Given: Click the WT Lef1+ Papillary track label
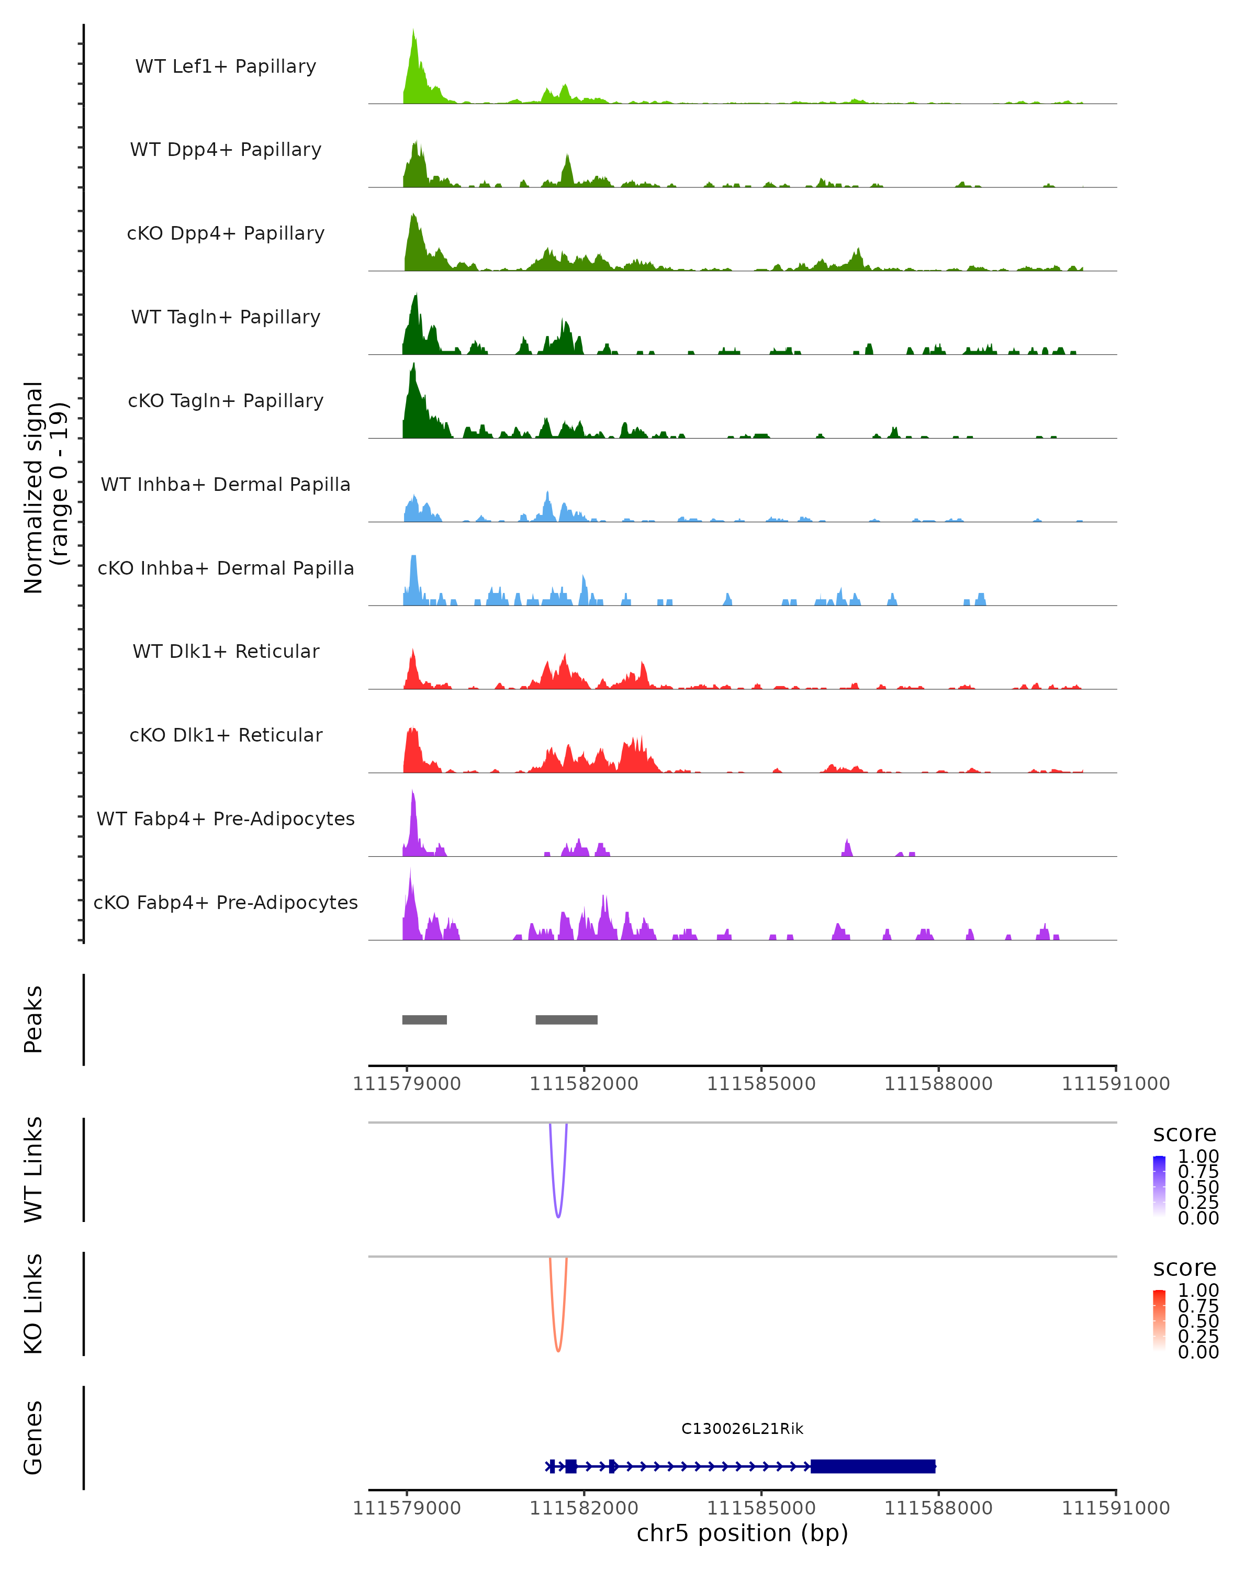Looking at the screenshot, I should pos(226,66).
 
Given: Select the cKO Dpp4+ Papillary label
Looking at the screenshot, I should pos(226,233).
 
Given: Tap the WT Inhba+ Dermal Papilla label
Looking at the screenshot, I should pos(226,484).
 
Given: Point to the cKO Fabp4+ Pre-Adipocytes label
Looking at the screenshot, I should pos(226,902).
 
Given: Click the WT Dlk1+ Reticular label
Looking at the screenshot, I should pos(226,651).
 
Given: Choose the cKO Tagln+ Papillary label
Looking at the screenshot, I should pos(226,400).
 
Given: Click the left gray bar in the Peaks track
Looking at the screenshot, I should pos(424,1019).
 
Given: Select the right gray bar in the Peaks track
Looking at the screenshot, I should pos(566,1019).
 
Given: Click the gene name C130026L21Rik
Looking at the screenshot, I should pos(742,1429).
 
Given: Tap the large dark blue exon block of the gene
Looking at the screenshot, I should pos(872,1466).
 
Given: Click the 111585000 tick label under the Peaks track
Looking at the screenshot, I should pos(761,1084).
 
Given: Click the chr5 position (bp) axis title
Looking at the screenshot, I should pos(742,1533).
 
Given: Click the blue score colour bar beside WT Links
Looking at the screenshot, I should pos(1159,1186).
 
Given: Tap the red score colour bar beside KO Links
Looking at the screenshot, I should pos(1159,1320).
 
